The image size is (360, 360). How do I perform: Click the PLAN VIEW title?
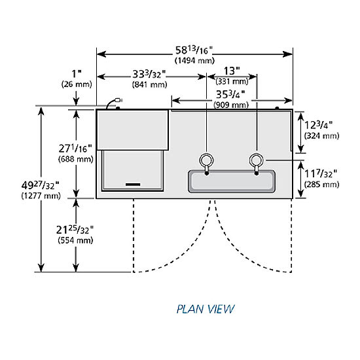coord(206,309)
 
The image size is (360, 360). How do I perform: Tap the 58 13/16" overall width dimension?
coord(194,50)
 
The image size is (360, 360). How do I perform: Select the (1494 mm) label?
coord(194,61)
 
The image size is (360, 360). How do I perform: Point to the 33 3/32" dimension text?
coord(149,75)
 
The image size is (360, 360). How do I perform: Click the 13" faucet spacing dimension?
coord(232,71)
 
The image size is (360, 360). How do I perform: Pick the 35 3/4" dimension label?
coord(231,95)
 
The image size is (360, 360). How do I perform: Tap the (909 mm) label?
coord(231,105)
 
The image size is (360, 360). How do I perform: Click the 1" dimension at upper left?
coord(77,74)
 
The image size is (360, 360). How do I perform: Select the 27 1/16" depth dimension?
coord(75,149)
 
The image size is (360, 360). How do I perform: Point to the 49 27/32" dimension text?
coord(41,185)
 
